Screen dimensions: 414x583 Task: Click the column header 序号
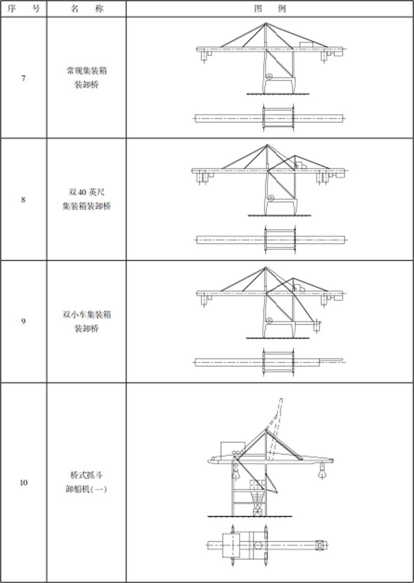(23, 9)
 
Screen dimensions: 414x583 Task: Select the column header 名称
(87, 9)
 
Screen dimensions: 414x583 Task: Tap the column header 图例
(270, 9)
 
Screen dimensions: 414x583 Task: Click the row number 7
(23, 78)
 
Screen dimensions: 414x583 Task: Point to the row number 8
(23, 199)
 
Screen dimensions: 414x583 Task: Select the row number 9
(23, 321)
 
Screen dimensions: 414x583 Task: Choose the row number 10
(23, 482)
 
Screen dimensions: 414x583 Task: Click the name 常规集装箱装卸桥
(87, 77)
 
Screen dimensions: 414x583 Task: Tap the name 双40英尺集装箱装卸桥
(87, 199)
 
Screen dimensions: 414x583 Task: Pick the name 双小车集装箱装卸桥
(87, 321)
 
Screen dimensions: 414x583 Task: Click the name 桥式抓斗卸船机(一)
(87, 482)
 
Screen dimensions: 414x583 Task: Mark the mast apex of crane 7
(265, 23)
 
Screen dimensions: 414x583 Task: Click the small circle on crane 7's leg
(269, 77)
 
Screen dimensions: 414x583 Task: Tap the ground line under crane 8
(279, 216)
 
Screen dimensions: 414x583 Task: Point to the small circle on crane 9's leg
(269, 320)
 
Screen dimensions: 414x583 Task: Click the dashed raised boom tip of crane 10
(281, 399)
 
